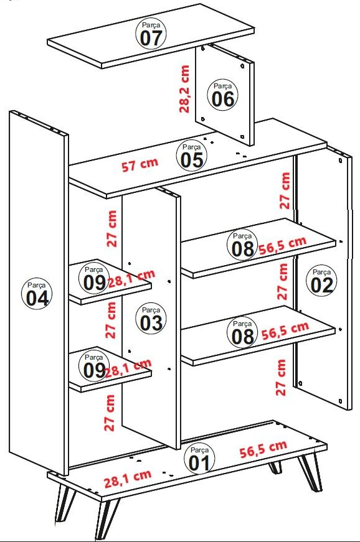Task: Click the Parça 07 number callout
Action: pos(151,34)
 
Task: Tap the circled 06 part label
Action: pos(223,95)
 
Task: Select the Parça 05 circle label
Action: pos(192,156)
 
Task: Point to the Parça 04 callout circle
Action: pos(37,294)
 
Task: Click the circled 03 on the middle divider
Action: pos(151,319)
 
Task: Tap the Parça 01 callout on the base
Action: pos(199,459)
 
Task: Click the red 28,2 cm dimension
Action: pos(184,89)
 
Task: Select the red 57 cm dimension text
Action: pos(140,164)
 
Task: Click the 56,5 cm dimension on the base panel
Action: pos(263,449)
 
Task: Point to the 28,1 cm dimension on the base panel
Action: pos(128,479)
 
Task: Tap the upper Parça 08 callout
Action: pos(242,245)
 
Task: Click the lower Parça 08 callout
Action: pos(242,333)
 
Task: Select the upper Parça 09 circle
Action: pos(93,279)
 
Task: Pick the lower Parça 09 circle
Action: pos(93,367)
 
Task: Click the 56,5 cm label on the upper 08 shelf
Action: pos(283,245)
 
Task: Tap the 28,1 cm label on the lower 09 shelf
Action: pos(128,368)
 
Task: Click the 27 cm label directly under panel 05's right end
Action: pos(285,190)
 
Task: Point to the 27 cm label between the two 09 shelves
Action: pos(111,320)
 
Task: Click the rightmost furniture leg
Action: pos(310,472)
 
